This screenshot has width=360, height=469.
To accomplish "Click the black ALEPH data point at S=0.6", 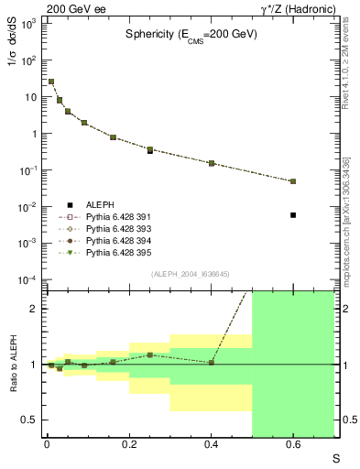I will click(293, 215).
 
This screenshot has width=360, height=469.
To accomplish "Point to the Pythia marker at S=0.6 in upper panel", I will click(293, 181).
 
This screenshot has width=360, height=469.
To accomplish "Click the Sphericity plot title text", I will click(191, 34).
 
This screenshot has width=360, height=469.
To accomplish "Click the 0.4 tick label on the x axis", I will click(211, 446).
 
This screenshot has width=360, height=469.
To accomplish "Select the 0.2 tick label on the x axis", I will click(128, 446).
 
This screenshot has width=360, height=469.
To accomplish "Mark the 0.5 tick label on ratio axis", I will click(30, 420).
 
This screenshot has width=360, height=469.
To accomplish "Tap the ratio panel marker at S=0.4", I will click(211, 363).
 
